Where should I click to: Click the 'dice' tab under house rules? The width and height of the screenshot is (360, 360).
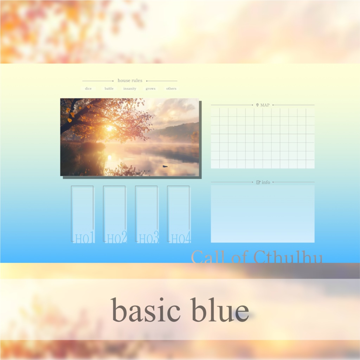pyautogui.click(x=88, y=88)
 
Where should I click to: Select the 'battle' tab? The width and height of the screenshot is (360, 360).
pyautogui.click(x=109, y=88)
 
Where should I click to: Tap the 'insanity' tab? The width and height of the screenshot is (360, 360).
pyautogui.click(x=130, y=88)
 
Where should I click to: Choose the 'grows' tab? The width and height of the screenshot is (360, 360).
pyautogui.click(x=150, y=88)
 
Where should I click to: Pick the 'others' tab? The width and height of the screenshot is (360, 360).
pyautogui.click(x=171, y=88)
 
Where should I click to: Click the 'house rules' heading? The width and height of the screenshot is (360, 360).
pyautogui.click(x=130, y=81)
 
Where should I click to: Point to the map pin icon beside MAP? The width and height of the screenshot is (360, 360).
pyautogui.click(x=257, y=105)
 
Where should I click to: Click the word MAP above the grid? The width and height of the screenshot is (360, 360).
pyautogui.click(x=265, y=105)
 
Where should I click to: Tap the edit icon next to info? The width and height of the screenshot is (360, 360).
pyautogui.click(x=258, y=182)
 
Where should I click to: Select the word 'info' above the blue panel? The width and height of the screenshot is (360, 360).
pyautogui.click(x=266, y=182)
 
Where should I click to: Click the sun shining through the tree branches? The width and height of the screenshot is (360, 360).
pyautogui.click(x=110, y=128)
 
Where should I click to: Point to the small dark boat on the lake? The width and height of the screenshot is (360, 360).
pyautogui.click(x=165, y=166)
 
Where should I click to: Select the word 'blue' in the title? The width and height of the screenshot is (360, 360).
pyautogui.click(x=220, y=310)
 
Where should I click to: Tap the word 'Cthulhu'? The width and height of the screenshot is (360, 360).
pyautogui.click(x=288, y=257)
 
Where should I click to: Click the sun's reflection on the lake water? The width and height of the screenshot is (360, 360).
pyautogui.click(x=110, y=157)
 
